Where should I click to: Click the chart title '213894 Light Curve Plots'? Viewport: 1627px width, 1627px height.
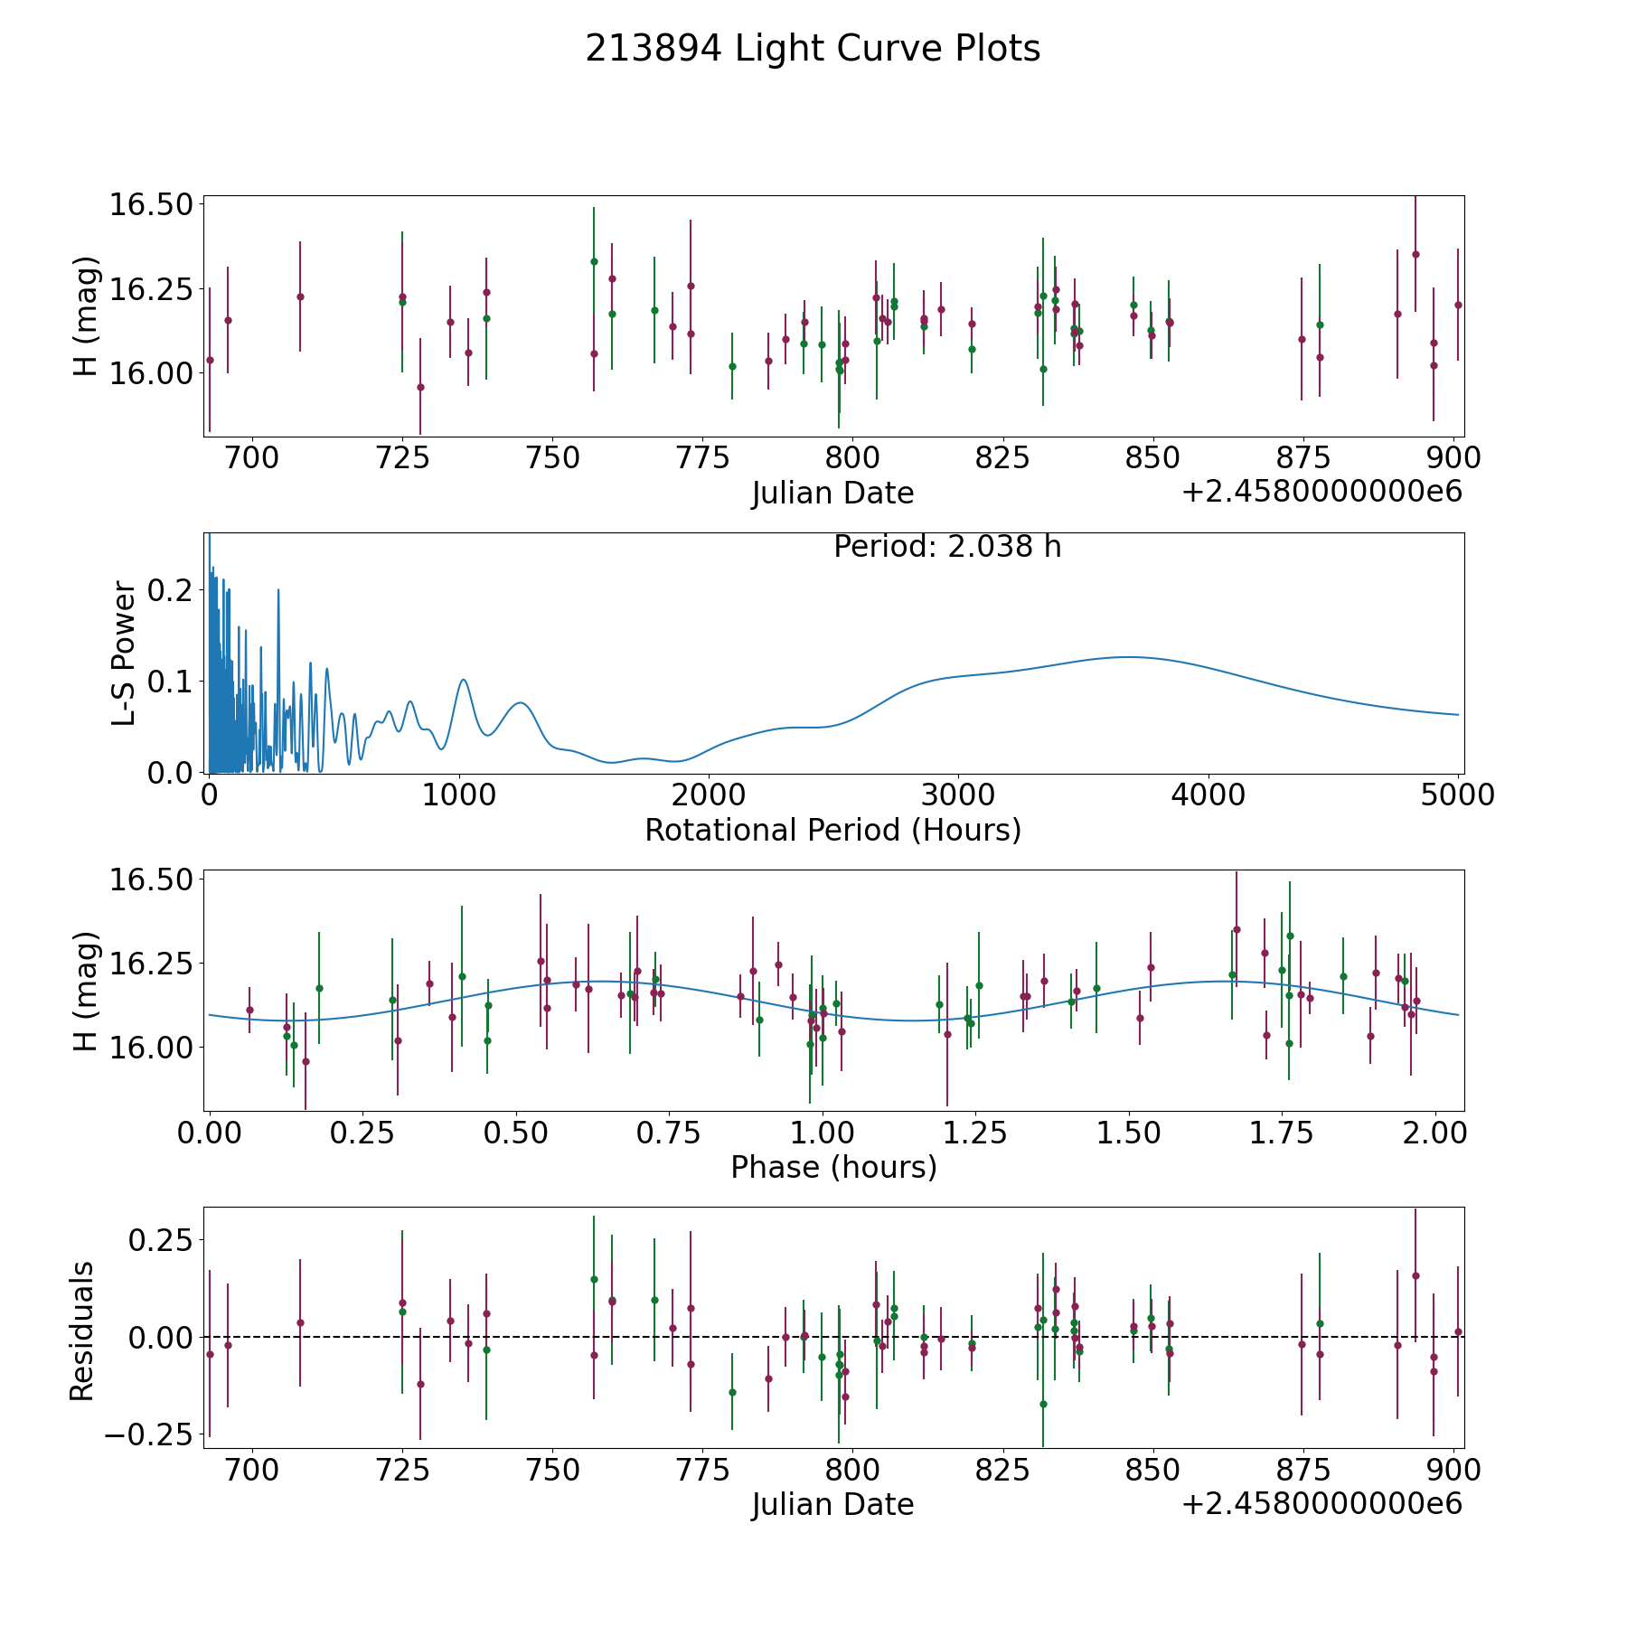[813, 49]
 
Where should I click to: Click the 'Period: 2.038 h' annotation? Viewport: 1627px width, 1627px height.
[947, 547]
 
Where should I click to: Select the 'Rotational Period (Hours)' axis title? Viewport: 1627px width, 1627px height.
[832, 830]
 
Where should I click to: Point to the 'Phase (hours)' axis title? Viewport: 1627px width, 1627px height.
[833, 1167]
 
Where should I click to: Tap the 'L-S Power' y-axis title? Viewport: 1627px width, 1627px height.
[124, 653]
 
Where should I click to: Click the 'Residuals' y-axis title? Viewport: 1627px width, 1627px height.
[82, 1331]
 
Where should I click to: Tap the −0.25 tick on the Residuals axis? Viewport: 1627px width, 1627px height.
[148, 1434]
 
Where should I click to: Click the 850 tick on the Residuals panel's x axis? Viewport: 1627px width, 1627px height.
[1152, 1471]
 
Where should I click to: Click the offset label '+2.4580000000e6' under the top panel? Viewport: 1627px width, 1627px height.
[1321, 492]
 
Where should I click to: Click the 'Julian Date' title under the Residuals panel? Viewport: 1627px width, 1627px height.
[832, 1504]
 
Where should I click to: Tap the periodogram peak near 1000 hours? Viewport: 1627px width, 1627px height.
[463, 680]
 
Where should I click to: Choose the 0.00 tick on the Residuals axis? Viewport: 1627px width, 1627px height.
[162, 1337]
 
